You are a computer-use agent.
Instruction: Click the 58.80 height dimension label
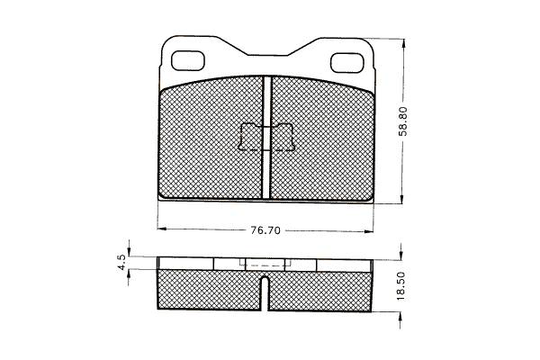(x=403, y=121)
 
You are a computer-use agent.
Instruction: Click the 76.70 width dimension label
(x=265, y=230)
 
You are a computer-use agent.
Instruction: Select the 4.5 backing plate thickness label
(x=121, y=263)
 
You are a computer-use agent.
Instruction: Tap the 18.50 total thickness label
(x=402, y=286)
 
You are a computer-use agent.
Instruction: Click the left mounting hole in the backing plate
(x=188, y=61)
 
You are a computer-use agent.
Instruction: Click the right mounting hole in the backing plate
(x=347, y=63)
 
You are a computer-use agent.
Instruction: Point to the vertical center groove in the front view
(x=266, y=138)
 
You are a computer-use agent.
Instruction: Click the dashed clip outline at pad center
(x=266, y=137)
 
